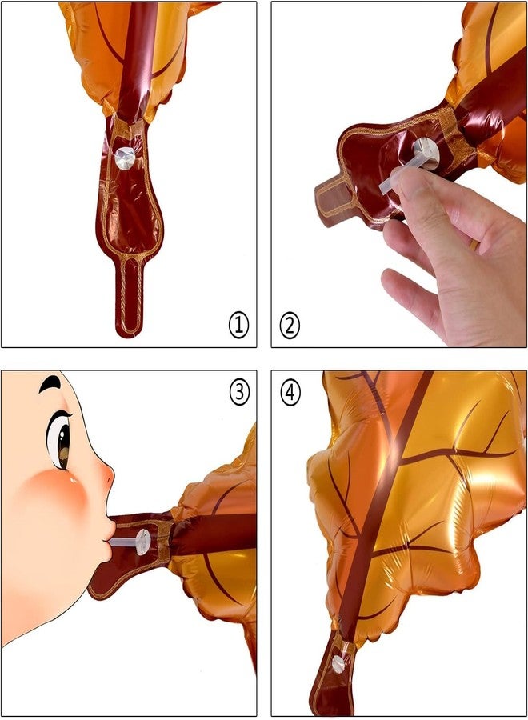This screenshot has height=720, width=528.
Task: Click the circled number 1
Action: [x=238, y=325]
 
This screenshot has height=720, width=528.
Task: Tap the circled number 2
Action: [x=290, y=326]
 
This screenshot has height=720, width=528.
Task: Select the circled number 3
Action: [x=239, y=393]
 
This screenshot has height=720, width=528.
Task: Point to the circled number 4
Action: [x=290, y=393]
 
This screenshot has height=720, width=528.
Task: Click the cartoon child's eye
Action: [x=59, y=440]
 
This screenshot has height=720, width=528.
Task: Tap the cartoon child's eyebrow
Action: [x=50, y=384]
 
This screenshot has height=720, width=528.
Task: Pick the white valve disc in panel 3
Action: [x=142, y=542]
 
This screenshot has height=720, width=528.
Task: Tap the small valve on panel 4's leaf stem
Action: [x=338, y=662]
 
